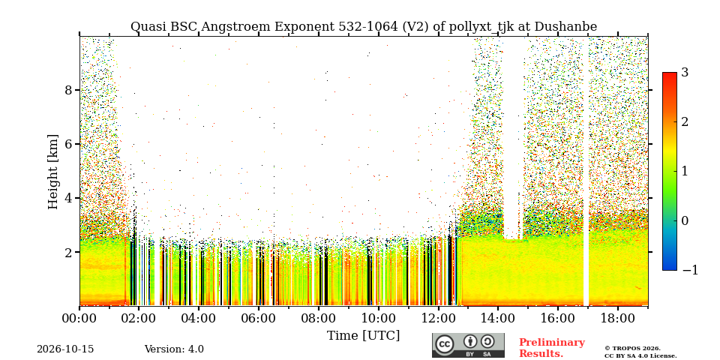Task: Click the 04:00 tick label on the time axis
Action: click(199, 318)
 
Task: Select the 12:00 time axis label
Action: click(437, 318)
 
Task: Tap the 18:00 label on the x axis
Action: click(616, 318)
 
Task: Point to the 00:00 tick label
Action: click(79, 318)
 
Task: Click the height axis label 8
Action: click(69, 90)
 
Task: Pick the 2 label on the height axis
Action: click(69, 252)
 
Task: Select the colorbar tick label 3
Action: click(685, 73)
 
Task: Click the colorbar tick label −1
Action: click(690, 270)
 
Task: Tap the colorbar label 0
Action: click(685, 220)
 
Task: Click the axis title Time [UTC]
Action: click(363, 336)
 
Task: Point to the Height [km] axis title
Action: click(54, 172)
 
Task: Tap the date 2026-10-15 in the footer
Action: click(65, 349)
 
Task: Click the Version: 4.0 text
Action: click(174, 349)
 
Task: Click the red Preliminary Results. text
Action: click(552, 348)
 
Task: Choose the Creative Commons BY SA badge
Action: click(468, 345)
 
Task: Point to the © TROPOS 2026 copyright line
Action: click(632, 349)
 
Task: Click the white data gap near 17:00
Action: click(586, 172)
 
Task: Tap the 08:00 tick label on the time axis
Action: click(318, 318)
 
